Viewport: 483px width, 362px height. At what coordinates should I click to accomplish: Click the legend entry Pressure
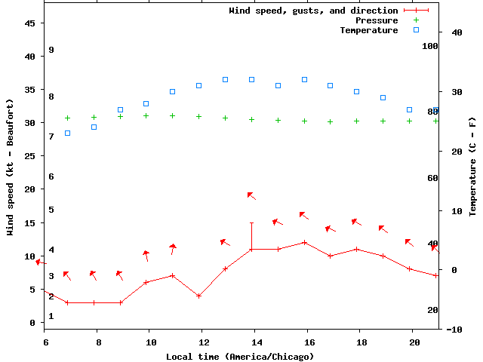pyautogui.click(x=377, y=20)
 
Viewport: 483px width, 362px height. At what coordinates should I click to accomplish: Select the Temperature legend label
pyautogui.click(x=368, y=30)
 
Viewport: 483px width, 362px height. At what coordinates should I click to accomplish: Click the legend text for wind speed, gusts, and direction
pyautogui.click(x=313, y=11)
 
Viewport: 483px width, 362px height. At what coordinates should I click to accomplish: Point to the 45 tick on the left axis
pyautogui.click(x=30, y=23)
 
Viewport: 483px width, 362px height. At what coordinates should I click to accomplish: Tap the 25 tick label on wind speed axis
pyautogui.click(x=30, y=156)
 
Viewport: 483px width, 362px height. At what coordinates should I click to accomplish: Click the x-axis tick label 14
pyautogui.click(x=255, y=342)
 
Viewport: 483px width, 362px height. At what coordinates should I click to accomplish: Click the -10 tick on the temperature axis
pyautogui.click(x=454, y=330)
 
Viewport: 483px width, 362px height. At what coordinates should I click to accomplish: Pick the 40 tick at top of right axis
pyautogui.click(x=456, y=32)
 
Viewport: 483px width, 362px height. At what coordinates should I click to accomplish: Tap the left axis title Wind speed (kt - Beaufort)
pyautogui.click(x=11, y=167)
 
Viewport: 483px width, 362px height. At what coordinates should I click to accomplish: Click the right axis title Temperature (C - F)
pyautogui.click(x=472, y=167)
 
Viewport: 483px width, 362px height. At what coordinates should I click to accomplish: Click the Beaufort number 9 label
pyautogui.click(x=51, y=50)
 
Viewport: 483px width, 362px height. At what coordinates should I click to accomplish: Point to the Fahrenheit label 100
pyautogui.click(x=430, y=46)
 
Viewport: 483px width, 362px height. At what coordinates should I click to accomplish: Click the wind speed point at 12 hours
pyautogui.click(x=199, y=296)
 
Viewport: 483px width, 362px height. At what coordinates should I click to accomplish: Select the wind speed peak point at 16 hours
pyautogui.click(x=304, y=242)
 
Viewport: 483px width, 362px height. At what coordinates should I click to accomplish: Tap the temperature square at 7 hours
pyautogui.click(x=68, y=133)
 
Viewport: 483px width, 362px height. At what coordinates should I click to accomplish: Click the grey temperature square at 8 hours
pyautogui.click(x=94, y=127)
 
